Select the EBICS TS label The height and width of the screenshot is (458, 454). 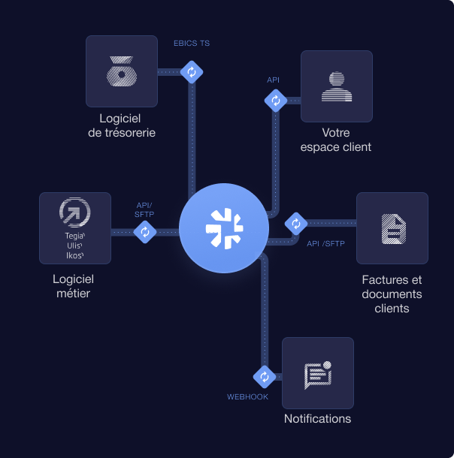point(192,44)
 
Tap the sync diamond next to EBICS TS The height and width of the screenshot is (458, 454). point(192,72)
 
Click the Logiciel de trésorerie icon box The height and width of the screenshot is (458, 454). point(121,71)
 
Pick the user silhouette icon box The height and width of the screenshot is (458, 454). point(336,86)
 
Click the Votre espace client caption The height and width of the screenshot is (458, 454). point(336,140)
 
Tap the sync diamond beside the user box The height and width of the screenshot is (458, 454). point(275,100)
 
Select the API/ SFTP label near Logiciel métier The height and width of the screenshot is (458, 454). point(144,209)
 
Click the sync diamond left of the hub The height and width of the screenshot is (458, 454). point(144,232)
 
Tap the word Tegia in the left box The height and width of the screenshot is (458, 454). point(74,236)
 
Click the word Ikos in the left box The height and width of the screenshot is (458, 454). point(74,255)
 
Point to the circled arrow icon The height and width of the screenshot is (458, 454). point(74,212)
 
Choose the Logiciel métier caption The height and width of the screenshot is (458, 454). point(73,286)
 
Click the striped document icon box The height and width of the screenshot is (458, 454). point(392,227)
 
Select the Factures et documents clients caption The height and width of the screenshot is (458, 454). point(392,294)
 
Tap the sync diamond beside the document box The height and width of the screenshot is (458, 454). point(295,223)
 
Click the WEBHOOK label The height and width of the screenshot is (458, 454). point(248,396)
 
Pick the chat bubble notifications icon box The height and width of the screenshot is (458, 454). point(317,372)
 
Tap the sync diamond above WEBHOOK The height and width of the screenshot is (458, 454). point(264,376)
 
